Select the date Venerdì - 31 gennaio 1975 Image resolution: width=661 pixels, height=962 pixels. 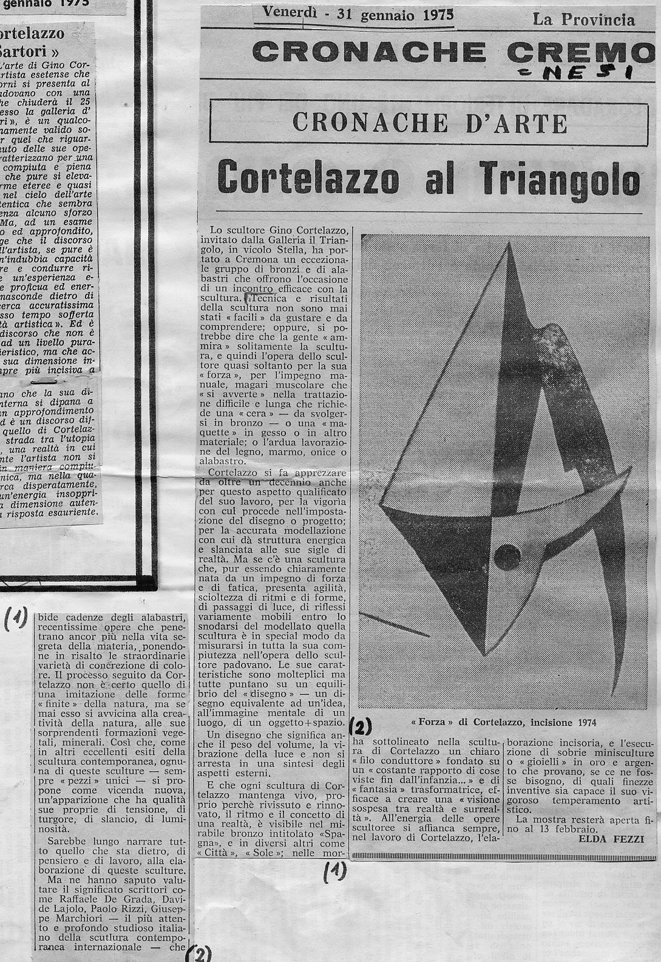pyautogui.click(x=358, y=14)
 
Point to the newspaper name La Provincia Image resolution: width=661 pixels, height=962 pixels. pyautogui.click(x=583, y=20)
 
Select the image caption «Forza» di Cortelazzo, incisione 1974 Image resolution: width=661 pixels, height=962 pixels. pyautogui.click(x=503, y=722)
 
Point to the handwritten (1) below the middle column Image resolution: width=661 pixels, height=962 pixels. pyautogui.click(x=335, y=872)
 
